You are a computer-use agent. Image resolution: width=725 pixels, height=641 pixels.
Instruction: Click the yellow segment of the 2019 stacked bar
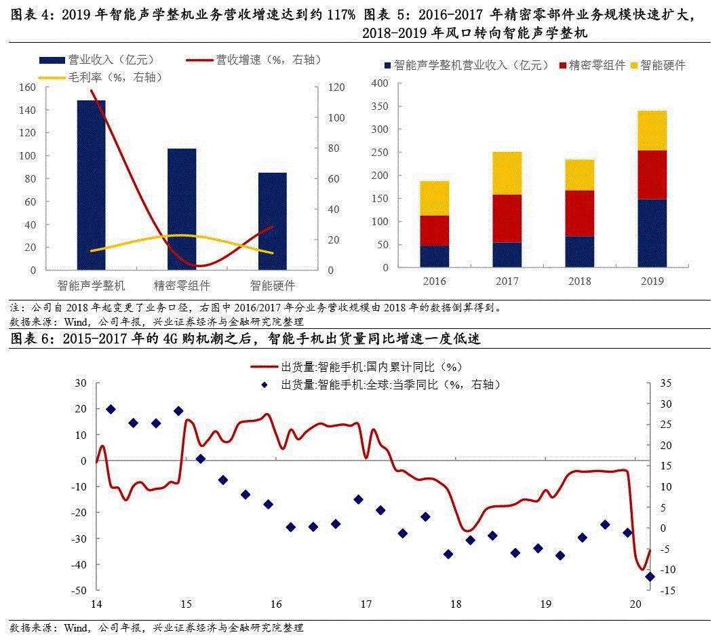click(x=652, y=130)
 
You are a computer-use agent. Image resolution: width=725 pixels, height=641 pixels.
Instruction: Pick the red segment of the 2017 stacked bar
click(x=507, y=218)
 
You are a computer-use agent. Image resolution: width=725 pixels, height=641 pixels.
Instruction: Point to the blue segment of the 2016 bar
click(x=434, y=256)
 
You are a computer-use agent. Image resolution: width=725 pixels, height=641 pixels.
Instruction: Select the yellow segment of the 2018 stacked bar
click(x=579, y=175)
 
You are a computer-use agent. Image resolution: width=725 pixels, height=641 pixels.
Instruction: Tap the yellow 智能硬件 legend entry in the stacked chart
click(x=658, y=65)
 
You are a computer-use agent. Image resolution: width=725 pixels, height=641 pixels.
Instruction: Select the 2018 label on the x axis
click(x=579, y=281)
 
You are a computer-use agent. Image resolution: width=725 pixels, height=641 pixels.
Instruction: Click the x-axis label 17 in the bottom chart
click(x=366, y=604)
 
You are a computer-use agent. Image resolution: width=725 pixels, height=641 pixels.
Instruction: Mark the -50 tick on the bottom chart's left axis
click(x=79, y=591)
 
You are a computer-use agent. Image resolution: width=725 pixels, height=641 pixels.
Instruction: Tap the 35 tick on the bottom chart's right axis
click(x=665, y=383)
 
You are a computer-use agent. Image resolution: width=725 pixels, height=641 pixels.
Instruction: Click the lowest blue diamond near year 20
click(x=649, y=577)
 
